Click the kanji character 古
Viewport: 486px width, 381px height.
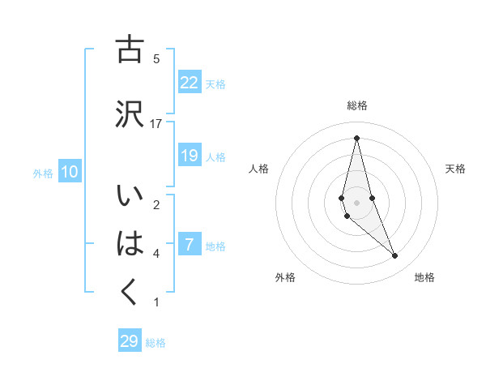click(130, 50)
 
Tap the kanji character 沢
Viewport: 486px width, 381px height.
click(130, 113)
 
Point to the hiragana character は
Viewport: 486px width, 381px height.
click(130, 243)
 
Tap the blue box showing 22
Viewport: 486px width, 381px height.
click(190, 83)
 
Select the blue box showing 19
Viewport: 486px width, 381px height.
click(190, 156)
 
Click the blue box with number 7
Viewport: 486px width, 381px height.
click(190, 245)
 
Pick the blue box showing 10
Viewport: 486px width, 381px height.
click(69, 172)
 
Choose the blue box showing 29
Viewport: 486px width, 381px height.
click(130, 341)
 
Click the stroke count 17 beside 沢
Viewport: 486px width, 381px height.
click(156, 123)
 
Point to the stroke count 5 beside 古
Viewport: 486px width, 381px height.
click(156, 58)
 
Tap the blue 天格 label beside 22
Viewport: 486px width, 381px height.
click(215, 83)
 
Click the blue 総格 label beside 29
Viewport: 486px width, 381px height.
click(156, 342)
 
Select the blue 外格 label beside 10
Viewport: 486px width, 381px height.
click(43, 173)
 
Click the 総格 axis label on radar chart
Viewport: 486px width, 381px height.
click(357, 105)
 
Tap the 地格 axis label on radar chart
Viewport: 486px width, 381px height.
click(424, 278)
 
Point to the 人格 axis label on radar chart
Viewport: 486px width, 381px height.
click(258, 169)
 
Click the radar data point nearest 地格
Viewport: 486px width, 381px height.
click(395, 256)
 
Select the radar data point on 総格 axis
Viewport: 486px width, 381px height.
click(356, 137)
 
